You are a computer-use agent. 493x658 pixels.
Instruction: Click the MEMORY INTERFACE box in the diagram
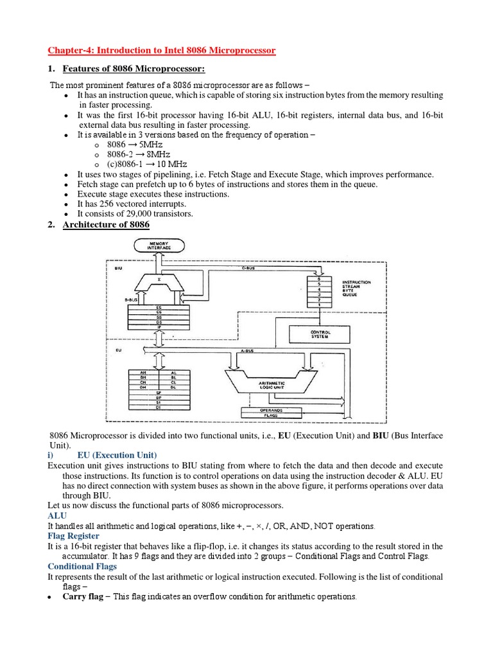pyautogui.click(x=158, y=244)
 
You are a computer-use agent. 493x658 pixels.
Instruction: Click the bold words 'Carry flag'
pyautogui.click(x=82, y=596)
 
